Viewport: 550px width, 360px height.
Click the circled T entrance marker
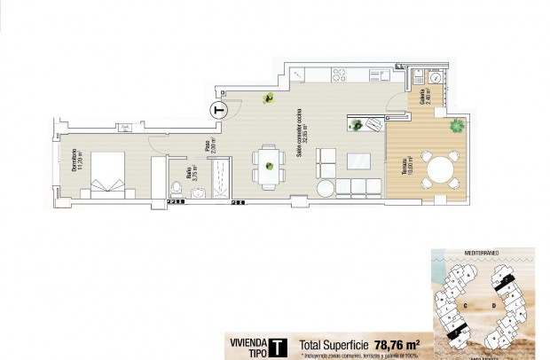tap(220, 110)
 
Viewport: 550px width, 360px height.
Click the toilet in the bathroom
tap(177, 188)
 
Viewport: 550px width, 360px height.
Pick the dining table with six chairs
tap(267, 168)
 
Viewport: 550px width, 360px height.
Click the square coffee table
tap(358, 161)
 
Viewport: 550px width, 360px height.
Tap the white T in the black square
tap(278, 346)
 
